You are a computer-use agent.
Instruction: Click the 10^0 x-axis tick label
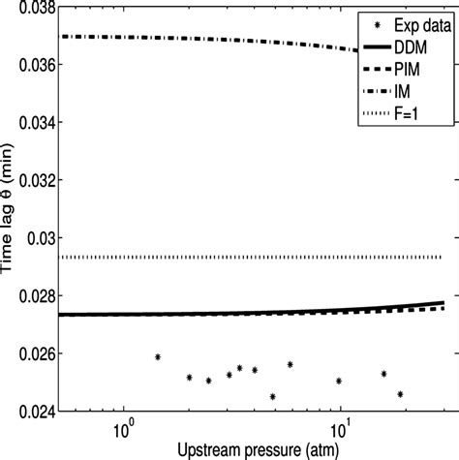click(123, 426)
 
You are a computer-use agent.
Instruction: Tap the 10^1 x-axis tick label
click(341, 426)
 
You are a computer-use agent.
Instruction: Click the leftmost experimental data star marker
click(158, 357)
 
